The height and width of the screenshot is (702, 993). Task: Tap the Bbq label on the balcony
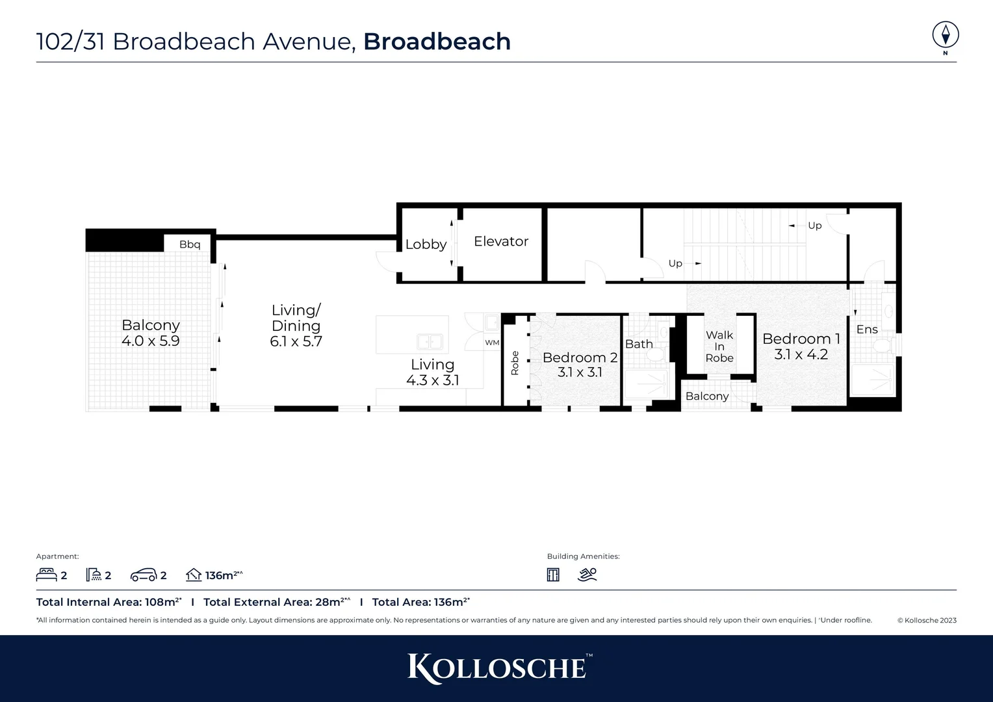point(190,244)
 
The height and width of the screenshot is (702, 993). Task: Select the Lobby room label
point(426,244)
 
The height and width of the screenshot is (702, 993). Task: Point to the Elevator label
point(501,241)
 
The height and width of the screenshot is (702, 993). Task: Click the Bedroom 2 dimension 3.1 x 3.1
point(580,372)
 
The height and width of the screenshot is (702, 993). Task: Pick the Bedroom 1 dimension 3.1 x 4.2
point(801,354)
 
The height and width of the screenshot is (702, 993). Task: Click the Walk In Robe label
point(719,346)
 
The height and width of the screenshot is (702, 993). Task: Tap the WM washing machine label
point(492,343)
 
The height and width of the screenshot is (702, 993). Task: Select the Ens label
point(867,330)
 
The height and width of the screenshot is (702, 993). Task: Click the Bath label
point(639,344)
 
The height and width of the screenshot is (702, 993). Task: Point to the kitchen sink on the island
point(430,341)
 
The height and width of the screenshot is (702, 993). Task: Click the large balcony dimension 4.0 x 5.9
point(150,341)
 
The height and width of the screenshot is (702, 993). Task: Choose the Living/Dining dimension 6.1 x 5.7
point(296,342)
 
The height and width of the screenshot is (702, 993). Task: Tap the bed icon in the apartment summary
point(46,575)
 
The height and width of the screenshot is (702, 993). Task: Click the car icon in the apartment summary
point(144,575)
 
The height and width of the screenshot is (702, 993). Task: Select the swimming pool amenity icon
point(587,575)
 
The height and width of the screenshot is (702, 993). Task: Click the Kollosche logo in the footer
point(497,668)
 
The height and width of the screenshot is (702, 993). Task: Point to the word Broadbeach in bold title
point(437,42)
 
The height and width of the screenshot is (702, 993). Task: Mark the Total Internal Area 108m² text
point(109,602)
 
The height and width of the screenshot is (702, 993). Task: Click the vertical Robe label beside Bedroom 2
point(515,363)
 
